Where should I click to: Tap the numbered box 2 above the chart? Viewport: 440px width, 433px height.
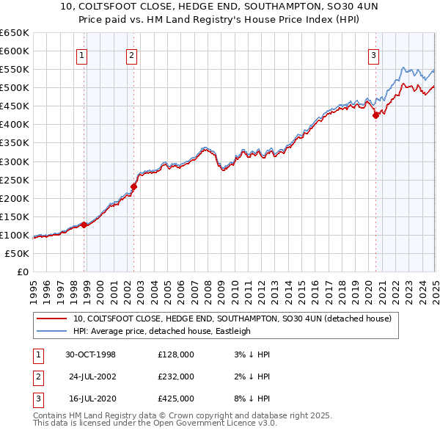pyautogui.click(x=131, y=54)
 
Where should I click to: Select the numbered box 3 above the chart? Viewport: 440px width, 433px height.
pyautogui.click(x=373, y=54)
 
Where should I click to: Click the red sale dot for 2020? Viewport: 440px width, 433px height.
pyautogui.click(x=375, y=114)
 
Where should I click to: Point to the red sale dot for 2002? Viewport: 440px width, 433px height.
pyautogui.click(x=134, y=186)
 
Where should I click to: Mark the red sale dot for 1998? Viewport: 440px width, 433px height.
pyautogui.click(x=84, y=225)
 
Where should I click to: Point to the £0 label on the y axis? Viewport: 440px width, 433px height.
pyautogui.click(x=23, y=272)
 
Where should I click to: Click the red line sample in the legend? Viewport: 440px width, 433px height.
pyautogui.click(x=51, y=319)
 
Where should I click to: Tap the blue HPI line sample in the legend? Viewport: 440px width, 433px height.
pyautogui.click(x=51, y=331)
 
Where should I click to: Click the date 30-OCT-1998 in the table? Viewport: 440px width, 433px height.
pyautogui.click(x=91, y=354)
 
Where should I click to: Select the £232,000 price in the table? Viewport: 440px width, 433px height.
pyautogui.click(x=176, y=376)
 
